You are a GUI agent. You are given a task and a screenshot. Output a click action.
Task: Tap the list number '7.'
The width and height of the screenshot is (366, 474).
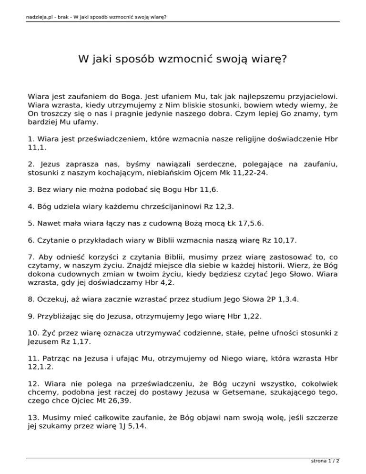(31, 258)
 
